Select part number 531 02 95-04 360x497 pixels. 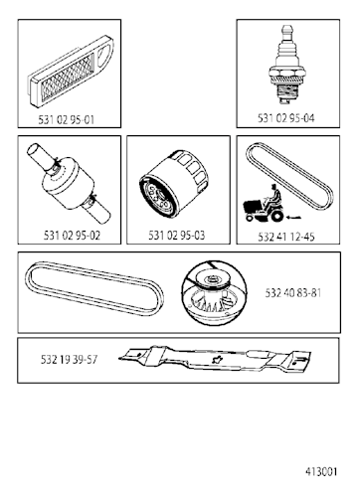pyautogui.click(x=286, y=118)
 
